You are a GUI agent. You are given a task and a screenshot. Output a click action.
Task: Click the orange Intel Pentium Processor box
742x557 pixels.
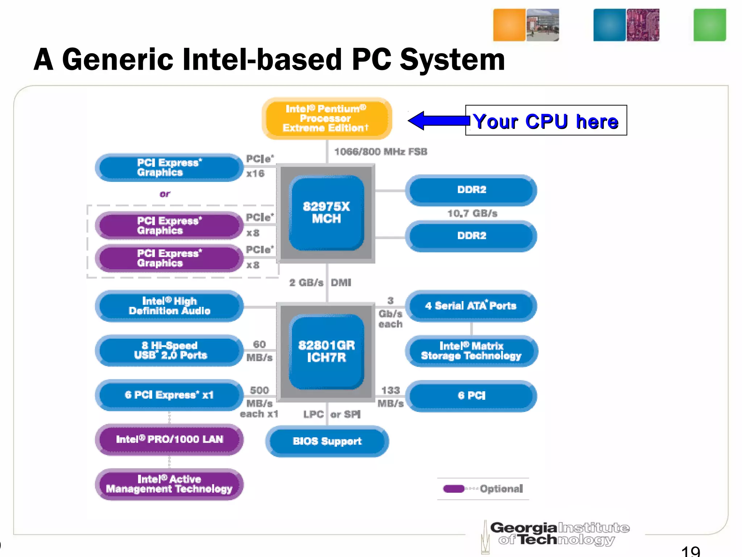326,118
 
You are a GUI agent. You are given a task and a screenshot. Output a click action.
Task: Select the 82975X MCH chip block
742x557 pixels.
326,213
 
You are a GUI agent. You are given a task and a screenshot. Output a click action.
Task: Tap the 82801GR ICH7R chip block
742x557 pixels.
326,351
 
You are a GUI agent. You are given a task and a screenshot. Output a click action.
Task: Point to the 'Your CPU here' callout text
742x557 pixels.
546,121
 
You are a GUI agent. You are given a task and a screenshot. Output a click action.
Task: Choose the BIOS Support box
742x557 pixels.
327,441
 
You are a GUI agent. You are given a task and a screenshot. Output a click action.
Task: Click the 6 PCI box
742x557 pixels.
471,395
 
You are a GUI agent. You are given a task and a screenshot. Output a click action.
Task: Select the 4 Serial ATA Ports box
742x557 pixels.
471,306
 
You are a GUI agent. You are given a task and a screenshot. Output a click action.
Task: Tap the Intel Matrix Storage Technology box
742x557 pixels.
471,351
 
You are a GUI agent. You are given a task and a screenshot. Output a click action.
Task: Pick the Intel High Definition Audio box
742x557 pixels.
169,306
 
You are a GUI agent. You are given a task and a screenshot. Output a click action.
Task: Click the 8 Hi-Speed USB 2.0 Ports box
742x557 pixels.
169,350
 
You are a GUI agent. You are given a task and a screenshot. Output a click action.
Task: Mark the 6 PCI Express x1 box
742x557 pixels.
169,395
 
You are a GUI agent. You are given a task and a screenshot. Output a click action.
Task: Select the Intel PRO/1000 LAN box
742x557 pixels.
169,440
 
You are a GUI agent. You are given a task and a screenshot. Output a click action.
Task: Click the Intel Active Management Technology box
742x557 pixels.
169,484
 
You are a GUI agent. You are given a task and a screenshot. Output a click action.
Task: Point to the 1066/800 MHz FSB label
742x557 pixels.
380,152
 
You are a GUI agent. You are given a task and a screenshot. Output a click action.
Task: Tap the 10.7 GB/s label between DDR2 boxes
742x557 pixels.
472,213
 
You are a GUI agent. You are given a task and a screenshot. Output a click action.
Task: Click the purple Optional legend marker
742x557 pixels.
454,489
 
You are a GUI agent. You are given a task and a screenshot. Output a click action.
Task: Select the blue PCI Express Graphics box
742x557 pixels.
169,168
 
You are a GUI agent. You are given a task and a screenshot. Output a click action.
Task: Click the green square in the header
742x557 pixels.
709,25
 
